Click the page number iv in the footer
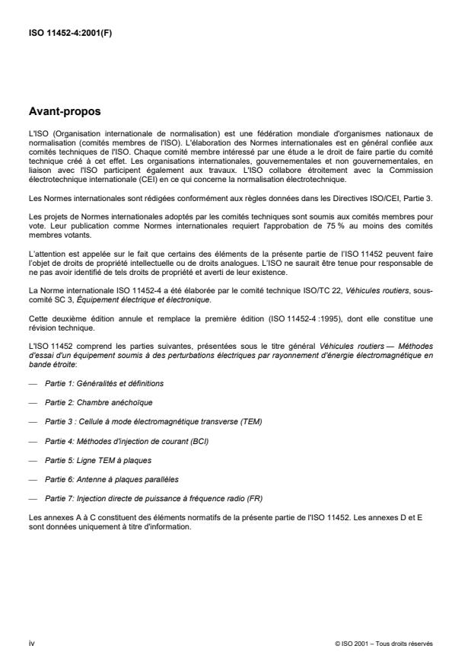click(x=30, y=644)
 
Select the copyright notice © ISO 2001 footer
click(x=383, y=644)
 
